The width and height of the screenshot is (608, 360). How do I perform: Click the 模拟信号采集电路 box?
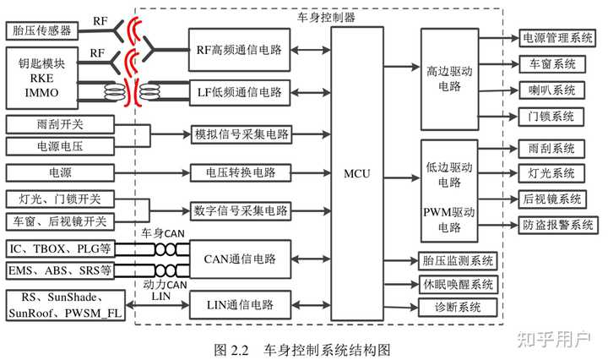click(242, 134)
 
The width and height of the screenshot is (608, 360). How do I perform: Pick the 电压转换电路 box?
click(242, 173)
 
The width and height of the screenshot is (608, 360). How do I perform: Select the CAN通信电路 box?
click(242, 258)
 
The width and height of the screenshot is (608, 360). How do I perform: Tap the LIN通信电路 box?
click(241, 304)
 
